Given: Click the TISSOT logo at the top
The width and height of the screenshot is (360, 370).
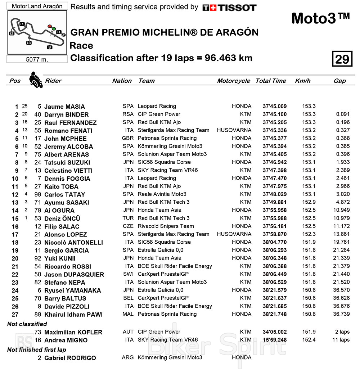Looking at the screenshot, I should pyautogui.click(x=229, y=8).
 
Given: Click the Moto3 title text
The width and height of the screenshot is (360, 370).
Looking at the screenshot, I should pyautogui.click(x=320, y=18).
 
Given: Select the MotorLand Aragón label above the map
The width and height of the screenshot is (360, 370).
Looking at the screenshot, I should pyautogui.click(x=37, y=6).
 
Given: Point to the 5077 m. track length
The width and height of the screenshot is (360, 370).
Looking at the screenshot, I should pyautogui.click(x=37, y=59).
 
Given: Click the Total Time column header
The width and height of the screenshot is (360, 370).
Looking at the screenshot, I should pyautogui.click(x=271, y=81).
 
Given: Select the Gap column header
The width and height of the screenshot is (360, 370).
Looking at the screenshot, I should pyautogui.click(x=339, y=81).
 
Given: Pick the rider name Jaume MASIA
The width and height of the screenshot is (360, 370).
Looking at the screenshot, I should pyautogui.click(x=64, y=107).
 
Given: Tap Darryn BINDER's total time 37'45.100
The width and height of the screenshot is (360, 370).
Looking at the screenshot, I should pyautogui.click(x=275, y=114).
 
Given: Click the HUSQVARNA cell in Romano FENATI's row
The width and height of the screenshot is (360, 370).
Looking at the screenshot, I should pyautogui.click(x=234, y=130).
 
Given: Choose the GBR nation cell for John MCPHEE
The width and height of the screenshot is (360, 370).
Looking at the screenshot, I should pyautogui.click(x=128, y=138).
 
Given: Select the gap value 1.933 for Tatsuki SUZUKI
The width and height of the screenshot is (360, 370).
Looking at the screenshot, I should pyautogui.click(x=343, y=162).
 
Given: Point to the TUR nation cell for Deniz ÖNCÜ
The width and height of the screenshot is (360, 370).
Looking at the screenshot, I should pyautogui.click(x=128, y=218).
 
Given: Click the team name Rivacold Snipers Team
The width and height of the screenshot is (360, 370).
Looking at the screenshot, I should pyautogui.click(x=166, y=226).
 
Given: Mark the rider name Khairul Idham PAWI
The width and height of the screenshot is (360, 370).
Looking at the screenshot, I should pyautogui.click(x=73, y=314).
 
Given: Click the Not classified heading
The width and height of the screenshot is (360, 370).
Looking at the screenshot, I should pyautogui.click(x=27, y=324).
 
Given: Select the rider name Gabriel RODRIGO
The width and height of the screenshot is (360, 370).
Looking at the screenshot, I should pyautogui.click(x=70, y=358).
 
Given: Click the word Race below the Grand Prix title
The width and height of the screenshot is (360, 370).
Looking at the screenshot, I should pyautogui.click(x=81, y=46).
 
